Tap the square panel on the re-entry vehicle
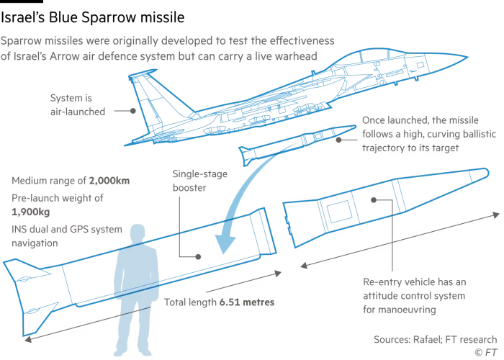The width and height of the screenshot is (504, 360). click(335, 212)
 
